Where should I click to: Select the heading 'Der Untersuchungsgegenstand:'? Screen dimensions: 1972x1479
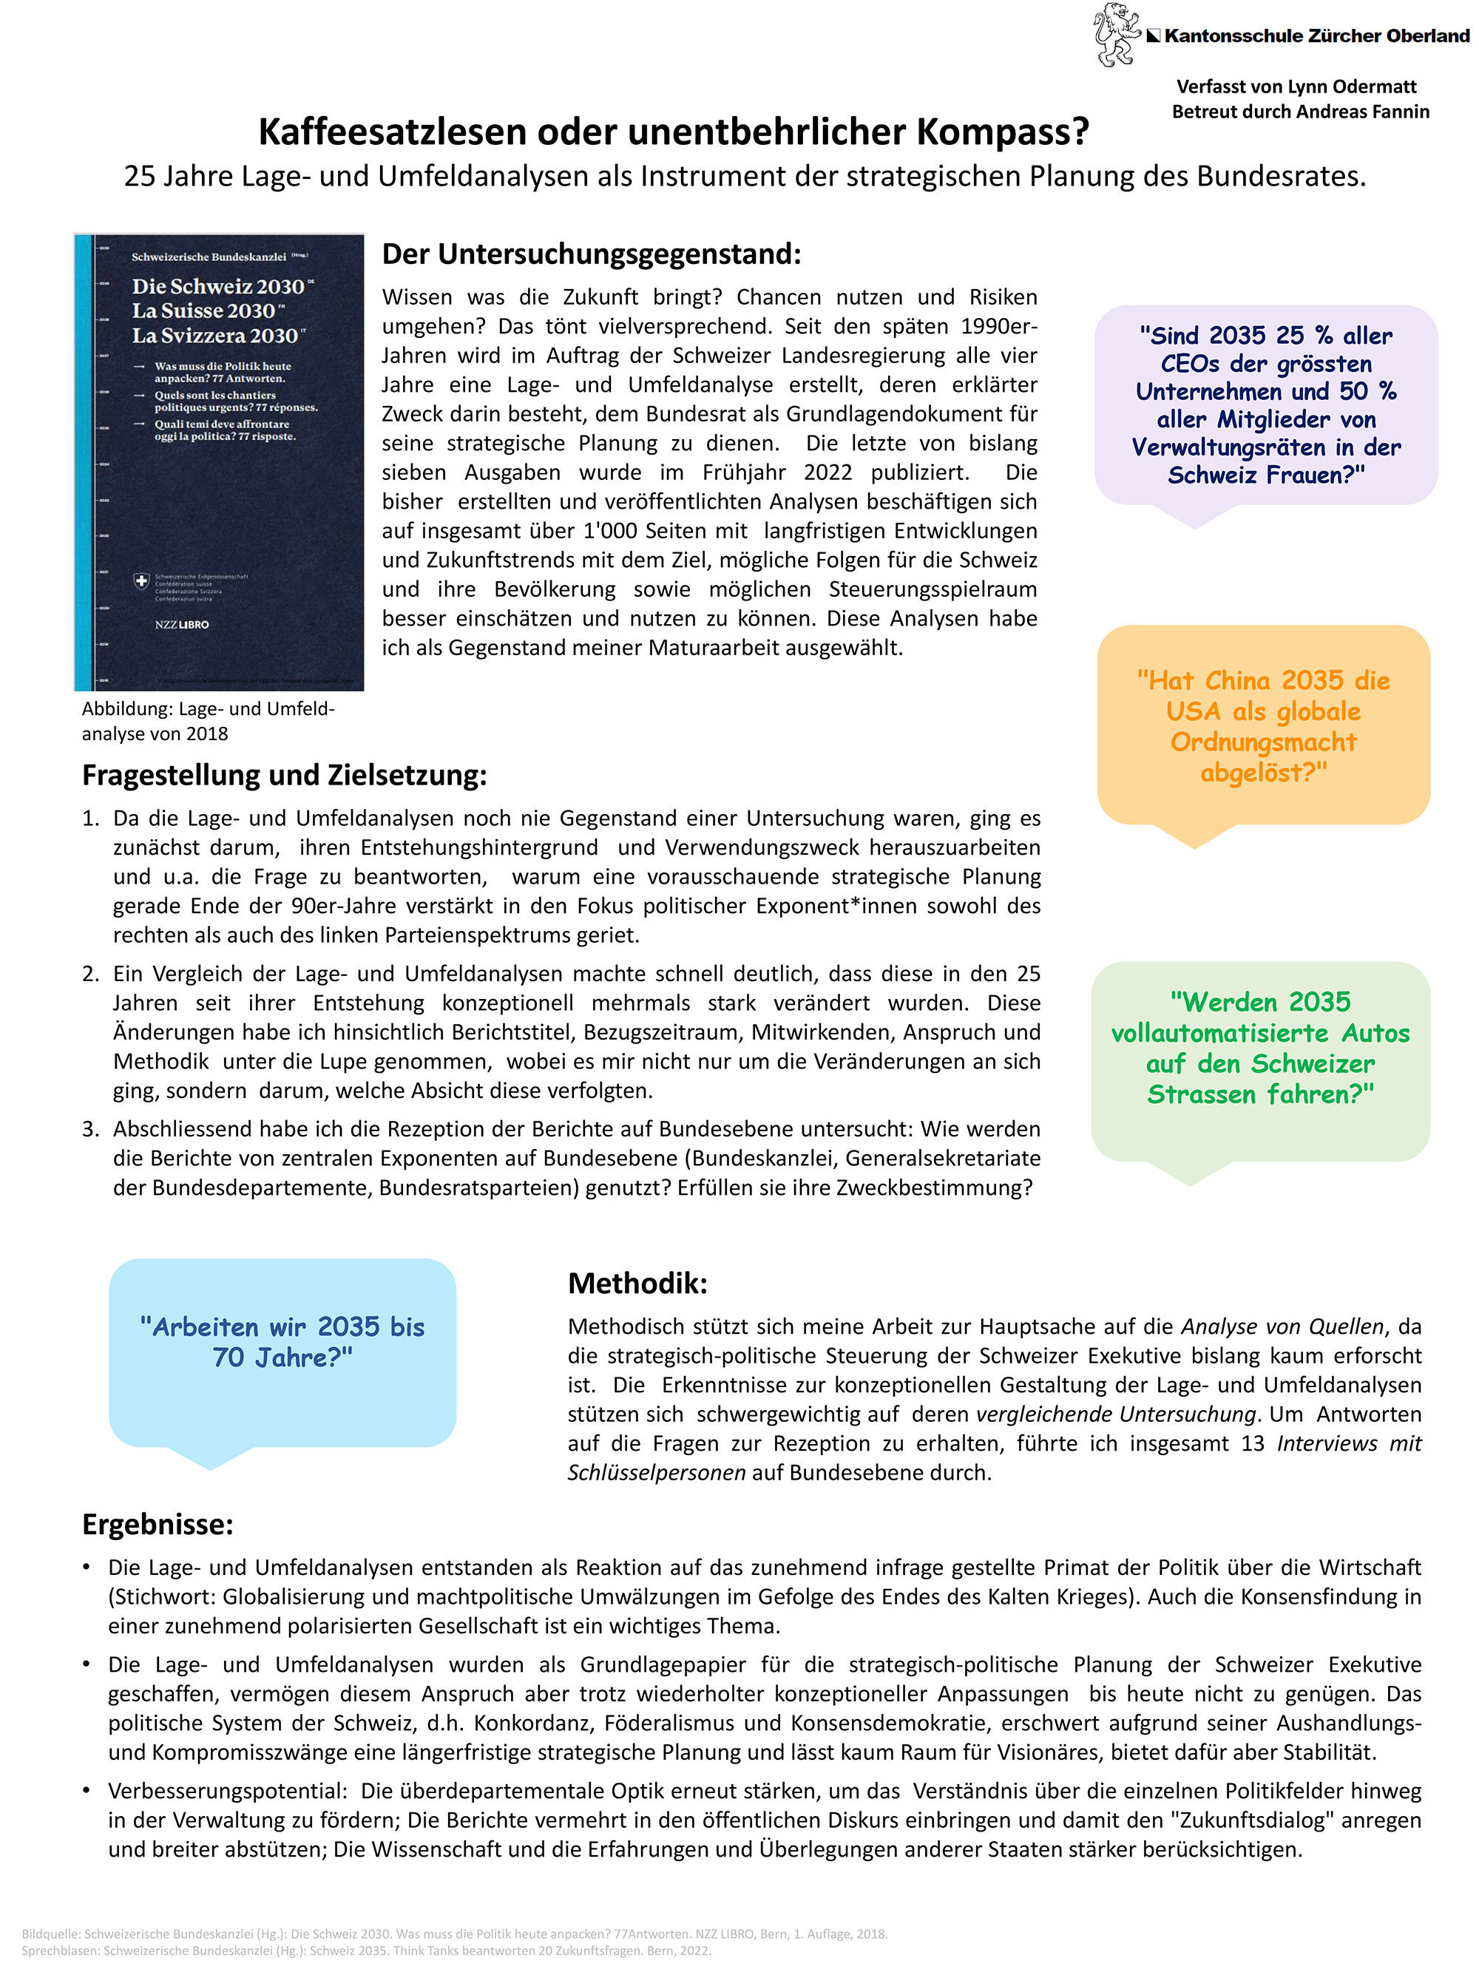[591, 254]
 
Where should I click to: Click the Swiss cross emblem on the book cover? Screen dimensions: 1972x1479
[141, 581]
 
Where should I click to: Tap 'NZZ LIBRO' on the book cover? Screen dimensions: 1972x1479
[182, 624]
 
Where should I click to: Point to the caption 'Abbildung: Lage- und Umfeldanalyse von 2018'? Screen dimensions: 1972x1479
[208, 721]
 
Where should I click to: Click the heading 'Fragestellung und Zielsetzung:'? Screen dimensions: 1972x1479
[285, 775]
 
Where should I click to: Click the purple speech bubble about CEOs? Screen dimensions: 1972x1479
[1265, 406]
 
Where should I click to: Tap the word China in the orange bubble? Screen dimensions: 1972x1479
[1241, 681]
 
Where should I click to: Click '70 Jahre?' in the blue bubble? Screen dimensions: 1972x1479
[282, 1357]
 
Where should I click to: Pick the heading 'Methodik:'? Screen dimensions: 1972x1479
[637, 1283]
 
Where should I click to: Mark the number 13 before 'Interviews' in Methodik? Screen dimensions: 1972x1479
[1253, 1443]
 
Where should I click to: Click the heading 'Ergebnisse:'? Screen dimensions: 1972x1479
[158, 1524]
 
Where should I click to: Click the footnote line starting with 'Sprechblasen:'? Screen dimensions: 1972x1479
[365, 1950]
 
